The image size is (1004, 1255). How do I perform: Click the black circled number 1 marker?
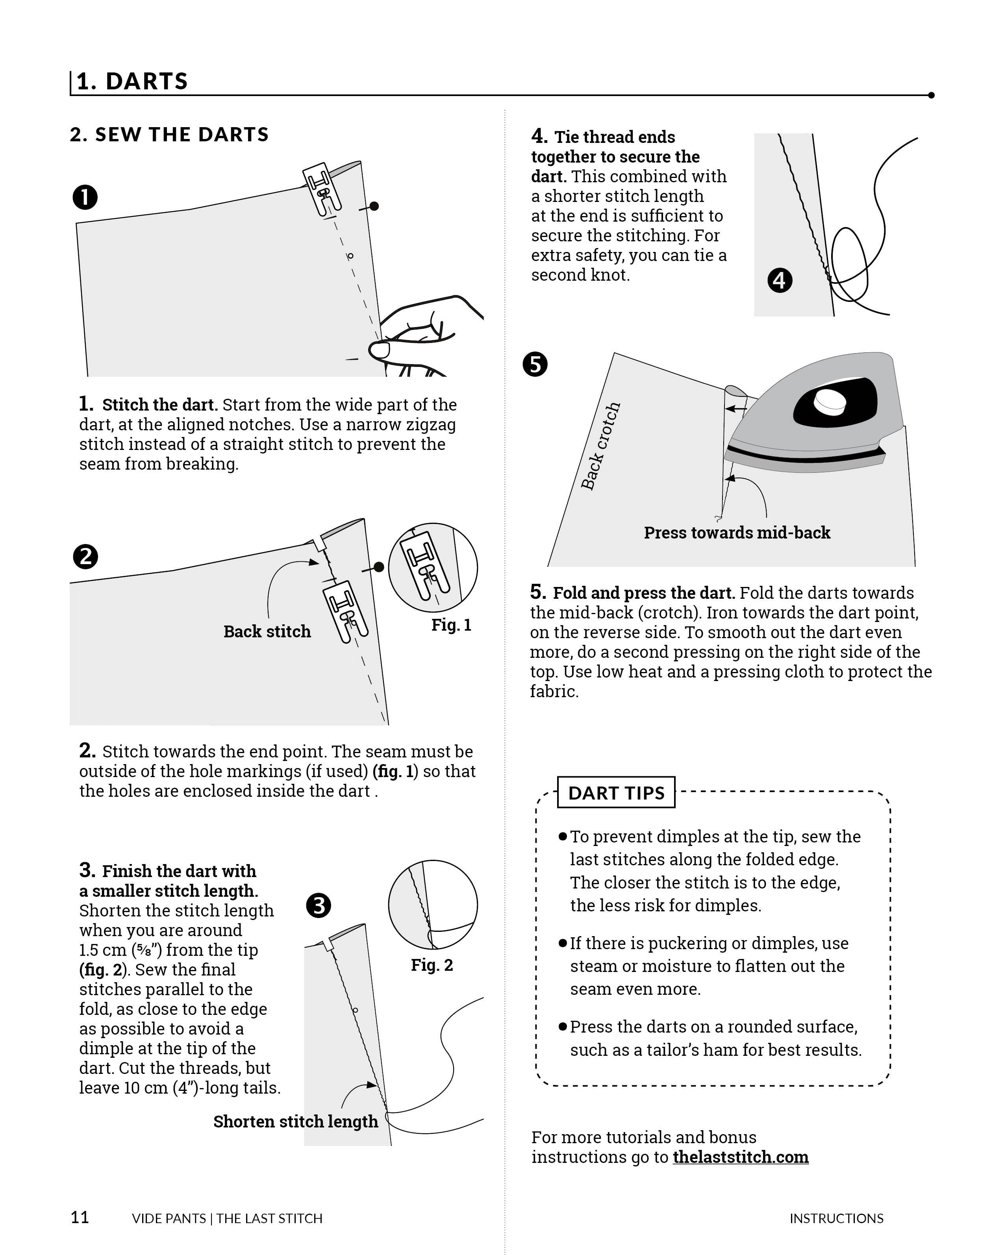click(x=85, y=197)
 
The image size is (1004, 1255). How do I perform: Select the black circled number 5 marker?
click(x=535, y=365)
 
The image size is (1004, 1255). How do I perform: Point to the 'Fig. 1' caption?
click(x=451, y=625)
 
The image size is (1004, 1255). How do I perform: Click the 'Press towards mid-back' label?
click(x=736, y=533)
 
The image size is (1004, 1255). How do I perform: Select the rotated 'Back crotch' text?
click(x=601, y=446)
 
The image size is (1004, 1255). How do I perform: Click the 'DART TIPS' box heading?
click(x=616, y=793)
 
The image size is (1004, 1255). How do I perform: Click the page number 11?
click(x=80, y=1217)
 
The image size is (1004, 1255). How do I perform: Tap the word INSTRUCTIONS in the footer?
click(x=836, y=1218)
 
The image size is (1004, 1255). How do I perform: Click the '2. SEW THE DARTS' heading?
click(x=169, y=135)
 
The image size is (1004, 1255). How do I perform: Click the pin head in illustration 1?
click(x=374, y=206)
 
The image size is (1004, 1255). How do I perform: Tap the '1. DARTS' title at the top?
click(x=132, y=81)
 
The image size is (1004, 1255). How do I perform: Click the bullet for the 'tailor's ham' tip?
click(x=562, y=1026)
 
